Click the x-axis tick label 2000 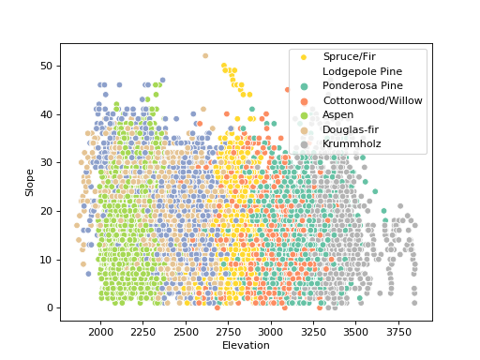[x=100, y=332]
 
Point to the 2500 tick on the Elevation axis [x=186, y=332]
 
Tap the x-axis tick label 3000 [x=271, y=332]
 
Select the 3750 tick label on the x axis [x=398, y=332]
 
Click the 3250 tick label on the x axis [x=313, y=332]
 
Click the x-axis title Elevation [x=246, y=345]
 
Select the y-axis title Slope [x=30, y=182]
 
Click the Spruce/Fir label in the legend [x=351, y=57]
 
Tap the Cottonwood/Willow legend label [x=372, y=100]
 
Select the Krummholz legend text [x=352, y=143]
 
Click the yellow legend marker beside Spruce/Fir [x=304, y=57]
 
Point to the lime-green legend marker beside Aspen [x=304, y=114]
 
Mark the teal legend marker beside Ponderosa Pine [x=304, y=86]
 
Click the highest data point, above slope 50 [x=205, y=55]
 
